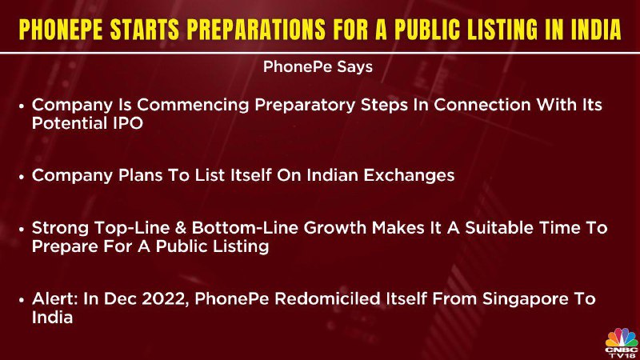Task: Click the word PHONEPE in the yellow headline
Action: click(x=61, y=30)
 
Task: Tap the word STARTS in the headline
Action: click(x=145, y=30)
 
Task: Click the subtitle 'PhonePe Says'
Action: click(x=318, y=67)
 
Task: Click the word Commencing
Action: click(x=193, y=106)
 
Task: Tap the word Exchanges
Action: click(x=409, y=176)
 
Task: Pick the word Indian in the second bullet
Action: click(x=331, y=175)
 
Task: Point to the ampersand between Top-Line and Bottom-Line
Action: click(x=181, y=229)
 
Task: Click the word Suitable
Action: click(x=498, y=228)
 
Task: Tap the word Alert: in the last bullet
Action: click(x=54, y=299)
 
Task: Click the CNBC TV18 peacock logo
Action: click(x=622, y=342)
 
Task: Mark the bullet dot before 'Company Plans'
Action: click(x=22, y=177)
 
